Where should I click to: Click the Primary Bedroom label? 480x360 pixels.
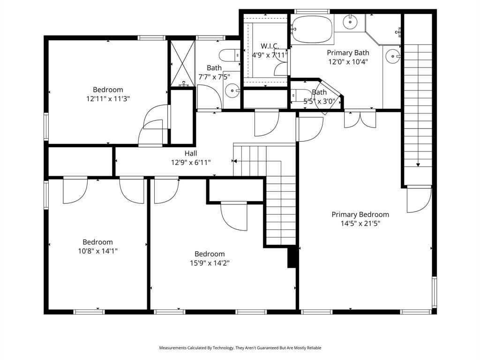pos(360,214)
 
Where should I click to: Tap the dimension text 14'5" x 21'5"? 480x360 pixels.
pos(360,224)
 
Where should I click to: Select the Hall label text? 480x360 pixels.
pos(190,153)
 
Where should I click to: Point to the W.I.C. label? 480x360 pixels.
pos(270,46)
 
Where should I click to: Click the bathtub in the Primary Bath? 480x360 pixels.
pos(312,29)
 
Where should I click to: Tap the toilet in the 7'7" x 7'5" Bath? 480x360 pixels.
pos(229,55)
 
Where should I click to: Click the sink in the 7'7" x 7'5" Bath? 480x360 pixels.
pos(232,90)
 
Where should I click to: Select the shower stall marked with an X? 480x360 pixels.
pos(181,63)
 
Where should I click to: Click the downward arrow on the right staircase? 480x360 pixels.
pos(417,164)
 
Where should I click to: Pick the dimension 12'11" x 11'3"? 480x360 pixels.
pos(108,99)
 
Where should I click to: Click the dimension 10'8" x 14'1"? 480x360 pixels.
pos(97,251)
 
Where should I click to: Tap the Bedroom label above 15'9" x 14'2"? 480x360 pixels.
pos(210,254)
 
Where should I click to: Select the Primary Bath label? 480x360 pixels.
pos(348,52)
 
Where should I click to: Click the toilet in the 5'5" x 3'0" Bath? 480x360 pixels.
pos(302,96)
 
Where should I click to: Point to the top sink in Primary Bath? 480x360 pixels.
pos(350,21)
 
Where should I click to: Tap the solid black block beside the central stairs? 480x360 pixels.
pos(292,257)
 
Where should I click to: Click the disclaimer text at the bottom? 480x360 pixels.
pos(240,348)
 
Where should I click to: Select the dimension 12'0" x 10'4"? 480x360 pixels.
pos(348,61)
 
